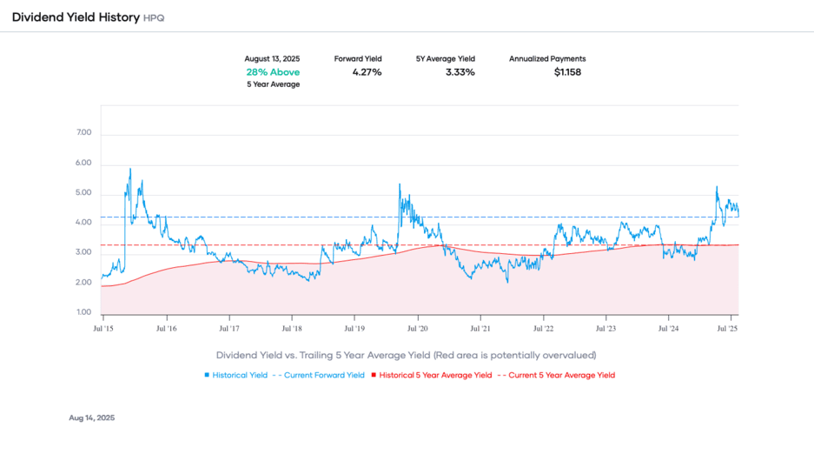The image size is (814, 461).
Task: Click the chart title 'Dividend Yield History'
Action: point(75,17)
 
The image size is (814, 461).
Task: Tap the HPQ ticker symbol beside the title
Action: point(154,17)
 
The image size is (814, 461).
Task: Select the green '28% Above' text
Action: point(273,71)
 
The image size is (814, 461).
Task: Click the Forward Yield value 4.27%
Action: point(367,71)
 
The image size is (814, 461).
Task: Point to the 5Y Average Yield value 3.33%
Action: point(460,71)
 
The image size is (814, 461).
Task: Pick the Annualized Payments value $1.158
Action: point(567,71)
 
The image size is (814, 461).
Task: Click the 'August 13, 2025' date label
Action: point(273,58)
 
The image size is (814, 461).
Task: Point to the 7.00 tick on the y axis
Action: point(84,134)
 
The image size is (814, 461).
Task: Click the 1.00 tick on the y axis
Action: point(84,312)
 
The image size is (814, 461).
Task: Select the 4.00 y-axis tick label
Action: point(84,224)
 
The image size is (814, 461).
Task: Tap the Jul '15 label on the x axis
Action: point(103,329)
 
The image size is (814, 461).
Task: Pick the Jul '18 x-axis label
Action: point(292,329)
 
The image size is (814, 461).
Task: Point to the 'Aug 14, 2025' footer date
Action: point(91,418)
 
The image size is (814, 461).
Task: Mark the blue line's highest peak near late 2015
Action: point(130,169)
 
